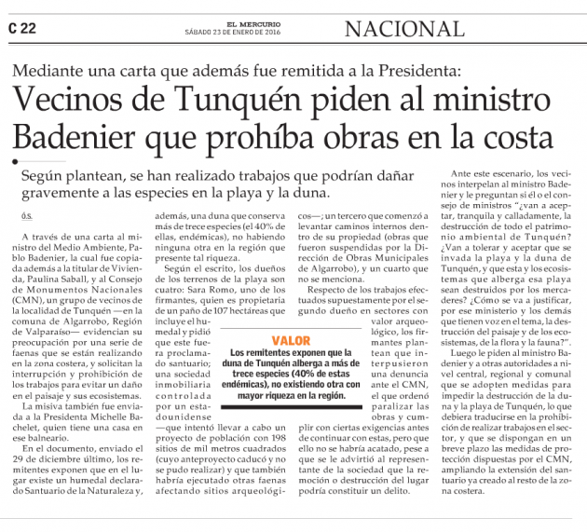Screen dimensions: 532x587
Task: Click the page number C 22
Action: coord(22,28)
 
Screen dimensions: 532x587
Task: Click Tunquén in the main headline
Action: coord(242,100)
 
